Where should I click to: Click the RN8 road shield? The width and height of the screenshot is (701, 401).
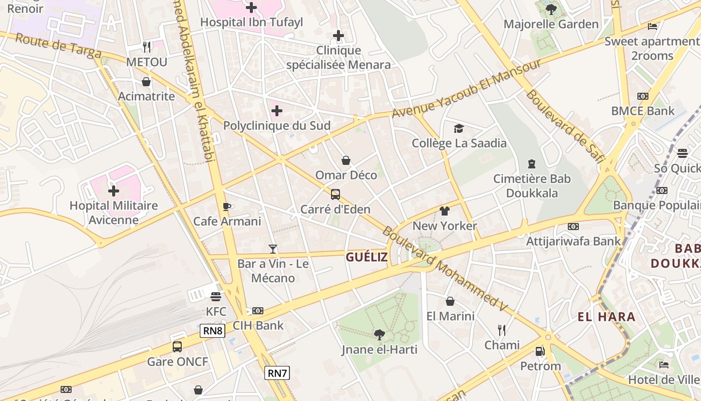(213, 331)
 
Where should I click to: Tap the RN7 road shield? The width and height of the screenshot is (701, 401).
(277, 373)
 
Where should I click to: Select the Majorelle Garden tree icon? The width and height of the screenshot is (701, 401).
(551, 9)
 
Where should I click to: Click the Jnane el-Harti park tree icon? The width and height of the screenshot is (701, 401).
(380, 334)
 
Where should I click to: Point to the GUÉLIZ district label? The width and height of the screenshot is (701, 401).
(367, 257)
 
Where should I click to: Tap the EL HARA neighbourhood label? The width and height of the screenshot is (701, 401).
(606, 317)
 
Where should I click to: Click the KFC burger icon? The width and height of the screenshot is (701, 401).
(216, 296)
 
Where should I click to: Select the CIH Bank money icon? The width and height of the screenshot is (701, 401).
(258, 311)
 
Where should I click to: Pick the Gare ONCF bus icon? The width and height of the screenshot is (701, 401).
(177, 346)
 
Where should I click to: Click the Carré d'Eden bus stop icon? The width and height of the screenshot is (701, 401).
(335, 194)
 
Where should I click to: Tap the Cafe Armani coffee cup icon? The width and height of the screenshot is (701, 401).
(227, 207)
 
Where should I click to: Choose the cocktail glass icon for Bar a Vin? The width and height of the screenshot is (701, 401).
(273, 249)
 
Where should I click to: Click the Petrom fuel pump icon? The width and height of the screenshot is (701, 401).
(540, 351)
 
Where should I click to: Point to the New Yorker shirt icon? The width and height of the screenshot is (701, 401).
(445, 211)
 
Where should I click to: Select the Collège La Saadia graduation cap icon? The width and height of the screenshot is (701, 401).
(459, 129)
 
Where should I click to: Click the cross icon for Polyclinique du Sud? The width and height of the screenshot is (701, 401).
(277, 111)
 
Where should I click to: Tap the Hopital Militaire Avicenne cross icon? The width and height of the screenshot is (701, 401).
(114, 191)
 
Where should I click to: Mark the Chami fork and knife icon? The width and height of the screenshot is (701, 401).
(502, 330)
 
